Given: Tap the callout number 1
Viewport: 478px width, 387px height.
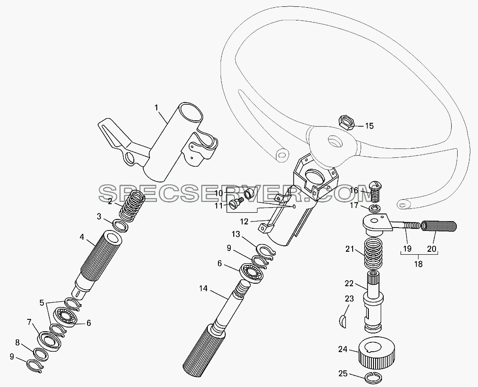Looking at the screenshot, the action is [157, 108].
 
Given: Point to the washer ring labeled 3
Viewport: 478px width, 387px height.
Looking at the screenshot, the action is [120, 225].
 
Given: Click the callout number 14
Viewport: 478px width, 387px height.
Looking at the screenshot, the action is [204, 288].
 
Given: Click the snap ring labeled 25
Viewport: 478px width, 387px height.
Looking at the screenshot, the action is [373, 378].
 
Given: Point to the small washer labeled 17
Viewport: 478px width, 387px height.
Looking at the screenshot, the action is [374, 208].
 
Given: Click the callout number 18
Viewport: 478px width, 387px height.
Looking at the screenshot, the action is [419, 264].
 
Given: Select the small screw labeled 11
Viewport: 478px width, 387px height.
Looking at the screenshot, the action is [237, 203].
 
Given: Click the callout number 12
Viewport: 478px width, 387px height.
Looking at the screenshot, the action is [244, 222].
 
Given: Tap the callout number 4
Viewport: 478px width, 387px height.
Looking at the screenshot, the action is [82, 237].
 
